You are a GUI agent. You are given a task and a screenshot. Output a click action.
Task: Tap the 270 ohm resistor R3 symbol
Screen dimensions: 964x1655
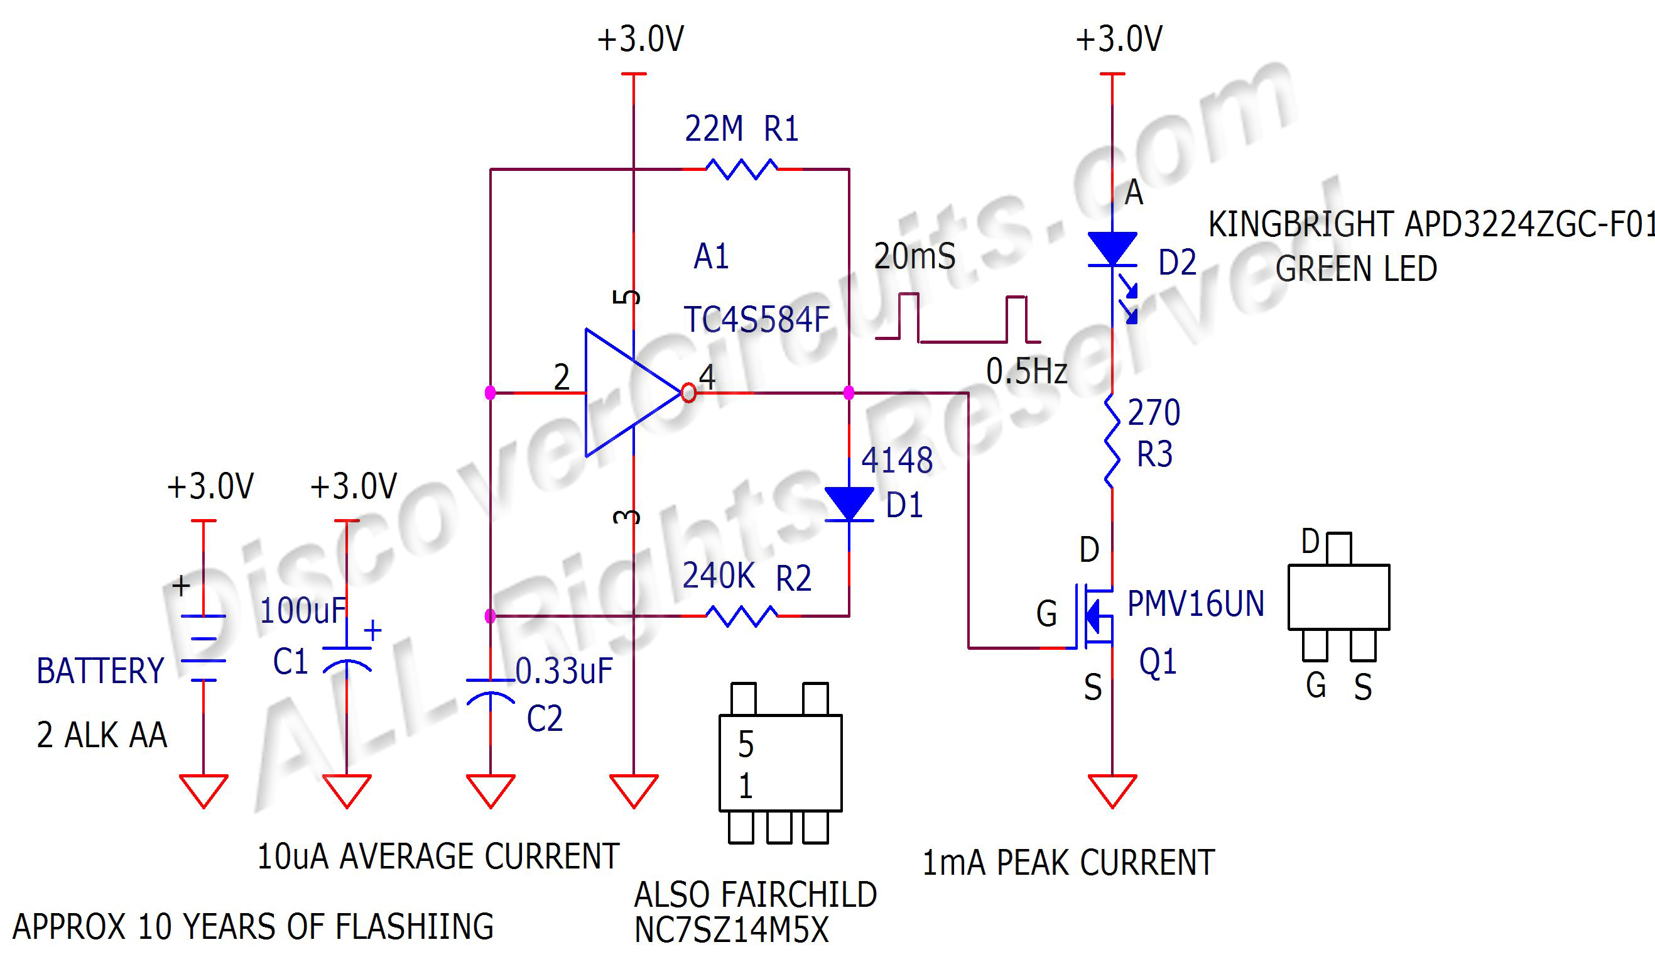click(x=1112, y=441)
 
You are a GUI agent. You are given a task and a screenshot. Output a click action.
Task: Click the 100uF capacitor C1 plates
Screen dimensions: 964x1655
click(x=347, y=657)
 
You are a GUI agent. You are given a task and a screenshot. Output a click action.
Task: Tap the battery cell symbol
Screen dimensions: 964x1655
click(x=203, y=648)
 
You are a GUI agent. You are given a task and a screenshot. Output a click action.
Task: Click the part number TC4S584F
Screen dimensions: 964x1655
click(x=757, y=320)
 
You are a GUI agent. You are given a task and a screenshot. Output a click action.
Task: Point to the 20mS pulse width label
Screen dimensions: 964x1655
click(x=914, y=256)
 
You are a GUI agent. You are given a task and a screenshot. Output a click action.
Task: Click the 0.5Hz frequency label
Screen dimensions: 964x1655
click(x=1026, y=372)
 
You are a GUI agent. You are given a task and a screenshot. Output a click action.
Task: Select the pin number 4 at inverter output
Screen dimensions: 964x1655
click(x=707, y=376)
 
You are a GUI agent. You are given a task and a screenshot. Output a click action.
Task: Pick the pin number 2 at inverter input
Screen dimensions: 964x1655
click(x=561, y=377)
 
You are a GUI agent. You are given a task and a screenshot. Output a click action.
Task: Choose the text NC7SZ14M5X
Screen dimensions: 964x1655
click(x=731, y=930)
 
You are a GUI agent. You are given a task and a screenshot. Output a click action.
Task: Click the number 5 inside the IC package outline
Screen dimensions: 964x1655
click(x=746, y=744)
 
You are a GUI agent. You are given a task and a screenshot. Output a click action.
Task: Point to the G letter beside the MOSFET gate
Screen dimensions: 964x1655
click(x=1046, y=614)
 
